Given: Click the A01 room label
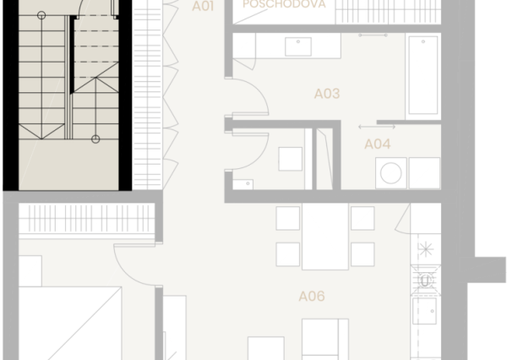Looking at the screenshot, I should point(203,7).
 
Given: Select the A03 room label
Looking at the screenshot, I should point(326,94).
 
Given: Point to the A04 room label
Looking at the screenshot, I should point(378,144).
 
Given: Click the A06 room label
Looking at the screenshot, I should point(312,297).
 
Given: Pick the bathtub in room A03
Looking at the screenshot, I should point(422,76).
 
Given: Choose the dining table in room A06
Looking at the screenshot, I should point(325,238).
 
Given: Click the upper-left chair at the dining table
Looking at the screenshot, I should point(288,219).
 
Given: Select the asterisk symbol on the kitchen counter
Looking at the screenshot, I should point(425,248).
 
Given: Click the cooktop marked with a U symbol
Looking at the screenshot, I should point(425,280).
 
